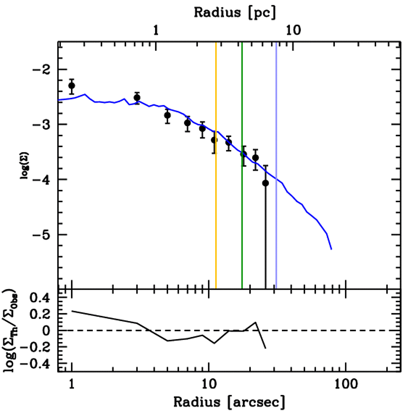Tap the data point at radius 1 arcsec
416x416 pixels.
[x=72, y=86]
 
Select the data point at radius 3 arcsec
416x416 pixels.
[x=137, y=97]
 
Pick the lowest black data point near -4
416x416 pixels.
[x=265, y=183]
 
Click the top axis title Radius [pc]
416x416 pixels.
[x=235, y=12]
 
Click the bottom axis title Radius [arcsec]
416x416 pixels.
[x=230, y=402]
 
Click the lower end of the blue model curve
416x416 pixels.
[x=331, y=249]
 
